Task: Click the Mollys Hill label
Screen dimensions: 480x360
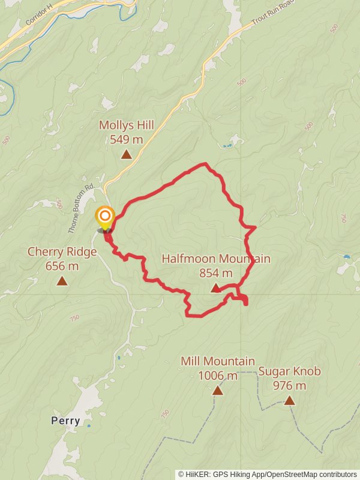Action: coord(127,125)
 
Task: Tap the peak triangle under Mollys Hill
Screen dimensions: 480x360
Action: coord(127,155)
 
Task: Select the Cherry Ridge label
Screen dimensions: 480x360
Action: coord(62,252)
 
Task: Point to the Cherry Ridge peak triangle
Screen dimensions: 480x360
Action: coord(62,281)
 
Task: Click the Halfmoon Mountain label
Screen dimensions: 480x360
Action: coord(216,259)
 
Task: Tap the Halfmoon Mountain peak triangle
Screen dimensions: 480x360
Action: coord(216,289)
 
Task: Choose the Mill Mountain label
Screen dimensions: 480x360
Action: coord(218,361)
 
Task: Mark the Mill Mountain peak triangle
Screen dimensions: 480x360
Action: coord(218,391)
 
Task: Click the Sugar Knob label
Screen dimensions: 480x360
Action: coord(290,371)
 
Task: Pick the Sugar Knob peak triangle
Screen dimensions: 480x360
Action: coord(290,400)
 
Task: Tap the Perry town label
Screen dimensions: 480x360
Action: coord(65,421)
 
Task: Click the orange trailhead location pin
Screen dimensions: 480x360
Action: coord(105,217)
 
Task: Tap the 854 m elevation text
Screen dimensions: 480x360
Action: coord(216,273)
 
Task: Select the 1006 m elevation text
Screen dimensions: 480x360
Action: coord(218,376)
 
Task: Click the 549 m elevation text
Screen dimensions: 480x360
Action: coord(127,140)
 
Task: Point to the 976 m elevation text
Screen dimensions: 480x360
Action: coord(290,386)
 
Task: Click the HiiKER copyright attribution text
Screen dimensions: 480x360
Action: coord(267,474)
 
